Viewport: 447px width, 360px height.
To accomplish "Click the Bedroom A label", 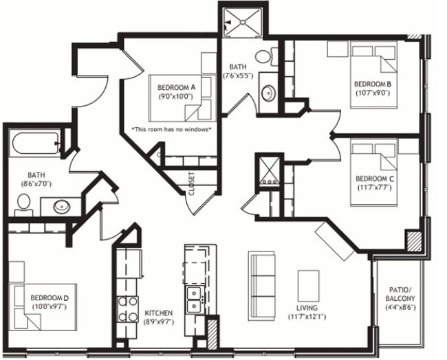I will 177,92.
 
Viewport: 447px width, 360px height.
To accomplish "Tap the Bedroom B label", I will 373,89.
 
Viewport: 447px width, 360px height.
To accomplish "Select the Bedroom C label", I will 375,182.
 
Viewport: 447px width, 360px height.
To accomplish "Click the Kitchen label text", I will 159,317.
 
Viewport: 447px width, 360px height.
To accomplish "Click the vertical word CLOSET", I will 191,183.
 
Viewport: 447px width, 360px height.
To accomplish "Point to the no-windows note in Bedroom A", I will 171,128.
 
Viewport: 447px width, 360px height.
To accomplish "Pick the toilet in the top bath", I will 265,56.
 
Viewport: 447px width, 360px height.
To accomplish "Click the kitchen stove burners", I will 128,308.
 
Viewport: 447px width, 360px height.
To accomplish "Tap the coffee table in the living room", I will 308,284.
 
